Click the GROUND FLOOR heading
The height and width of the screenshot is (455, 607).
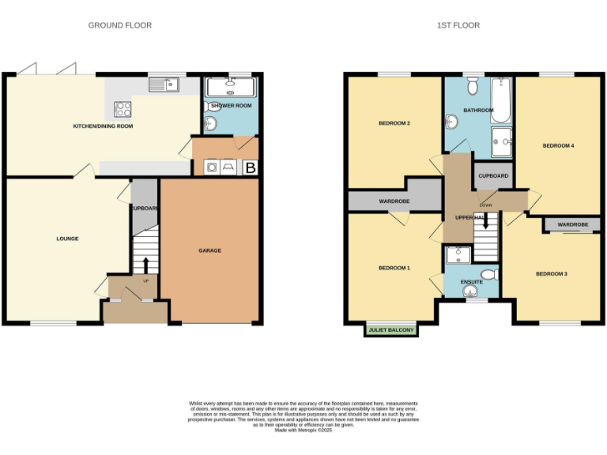(119, 25)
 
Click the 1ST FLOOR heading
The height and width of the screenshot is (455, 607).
(458, 25)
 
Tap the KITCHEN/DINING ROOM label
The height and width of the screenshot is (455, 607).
(103, 126)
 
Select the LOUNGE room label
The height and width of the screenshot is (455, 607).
(67, 238)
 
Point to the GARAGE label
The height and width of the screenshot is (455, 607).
(209, 250)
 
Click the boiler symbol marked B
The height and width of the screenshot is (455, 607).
(251, 167)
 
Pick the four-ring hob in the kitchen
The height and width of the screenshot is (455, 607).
(123, 109)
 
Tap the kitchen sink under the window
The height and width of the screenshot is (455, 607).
(167, 84)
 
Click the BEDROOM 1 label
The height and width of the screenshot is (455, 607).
(394, 268)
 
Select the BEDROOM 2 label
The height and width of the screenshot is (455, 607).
(394, 123)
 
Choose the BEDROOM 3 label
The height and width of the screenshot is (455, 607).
(552, 273)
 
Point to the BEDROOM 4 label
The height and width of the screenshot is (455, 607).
(558, 145)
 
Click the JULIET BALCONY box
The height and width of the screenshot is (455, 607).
(391, 330)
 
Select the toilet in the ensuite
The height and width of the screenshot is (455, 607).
(488, 275)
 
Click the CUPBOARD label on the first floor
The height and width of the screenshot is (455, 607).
(493, 176)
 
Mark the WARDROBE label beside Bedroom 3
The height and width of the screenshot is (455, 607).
(573, 225)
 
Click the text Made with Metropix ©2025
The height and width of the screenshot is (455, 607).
(303, 430)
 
